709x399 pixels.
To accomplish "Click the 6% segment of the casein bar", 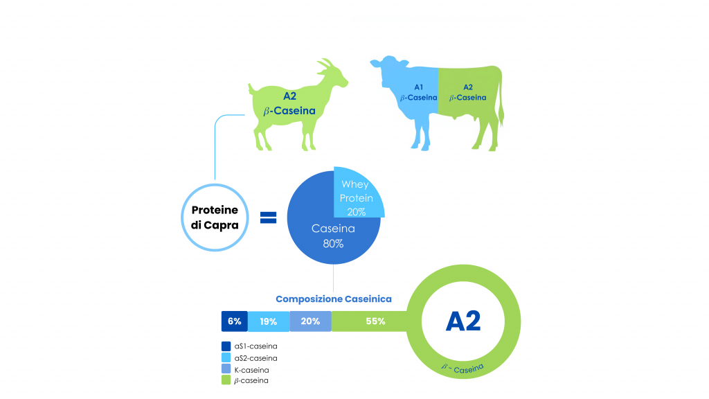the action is [234, 321].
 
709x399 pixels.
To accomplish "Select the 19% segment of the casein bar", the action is [269, 321].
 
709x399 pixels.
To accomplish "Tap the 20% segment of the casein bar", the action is [311, 321].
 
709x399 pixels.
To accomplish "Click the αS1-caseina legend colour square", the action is [226, 346].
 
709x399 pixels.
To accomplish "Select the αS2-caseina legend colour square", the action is [226, 358].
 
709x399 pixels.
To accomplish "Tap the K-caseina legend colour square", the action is [226, 369].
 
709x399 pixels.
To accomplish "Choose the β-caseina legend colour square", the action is [226, 380].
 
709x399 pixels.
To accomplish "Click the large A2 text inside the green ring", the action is [463, 321].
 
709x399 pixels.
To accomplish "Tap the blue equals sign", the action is [268, 218].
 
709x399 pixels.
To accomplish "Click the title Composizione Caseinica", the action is [334, 299].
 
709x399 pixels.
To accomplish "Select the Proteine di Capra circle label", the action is [215, 218].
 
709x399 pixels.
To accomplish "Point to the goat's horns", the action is [325, 65].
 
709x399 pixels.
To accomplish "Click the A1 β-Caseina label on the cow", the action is [419, 92].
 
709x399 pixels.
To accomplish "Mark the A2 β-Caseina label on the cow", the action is [468, 92].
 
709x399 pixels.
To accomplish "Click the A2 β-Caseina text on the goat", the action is [289, 104].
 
